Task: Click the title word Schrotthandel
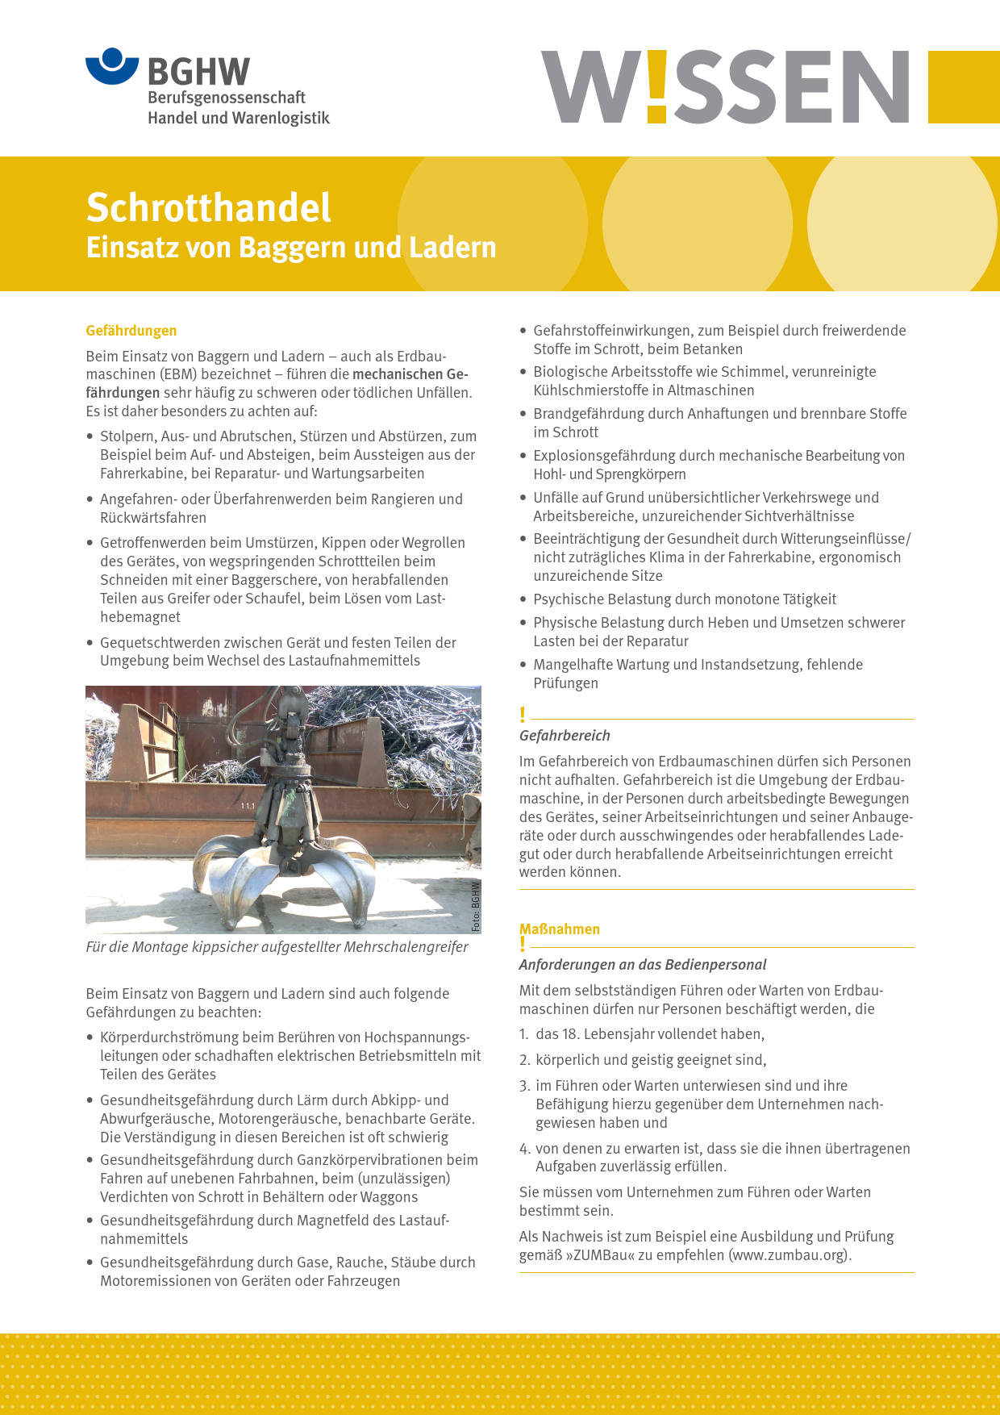(208, 207)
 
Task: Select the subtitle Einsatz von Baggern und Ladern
(291, 247)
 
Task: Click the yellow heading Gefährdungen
(131, 331)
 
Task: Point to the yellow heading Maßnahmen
(560, 929)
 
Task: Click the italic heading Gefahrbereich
(565, 736)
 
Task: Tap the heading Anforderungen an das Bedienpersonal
(643, 965)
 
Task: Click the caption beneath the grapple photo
(277, 947)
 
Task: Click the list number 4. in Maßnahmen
(524, 1149)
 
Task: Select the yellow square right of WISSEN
(964, 87)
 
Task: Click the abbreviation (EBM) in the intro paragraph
(177, 374)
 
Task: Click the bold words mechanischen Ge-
(410, 374)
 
